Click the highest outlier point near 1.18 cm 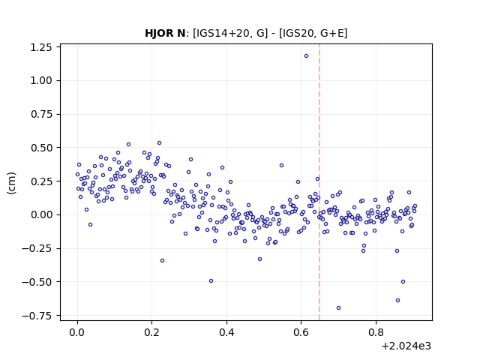(306, 56)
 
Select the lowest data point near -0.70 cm (338, 308)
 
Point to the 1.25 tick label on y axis (41, 47)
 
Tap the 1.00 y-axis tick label (41, 81)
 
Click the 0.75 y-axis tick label (41, 115)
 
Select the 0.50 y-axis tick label (41, 148)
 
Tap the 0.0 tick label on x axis (77, 332)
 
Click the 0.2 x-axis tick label (151, 332)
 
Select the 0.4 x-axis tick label (226, 332)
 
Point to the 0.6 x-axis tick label (301, 332)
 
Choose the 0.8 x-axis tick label (376, 332)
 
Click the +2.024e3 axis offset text (406, 346)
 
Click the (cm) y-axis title (11, 183)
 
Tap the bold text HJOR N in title (165, 33)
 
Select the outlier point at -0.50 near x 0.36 (211, 281)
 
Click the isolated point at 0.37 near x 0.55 (281, 166)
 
